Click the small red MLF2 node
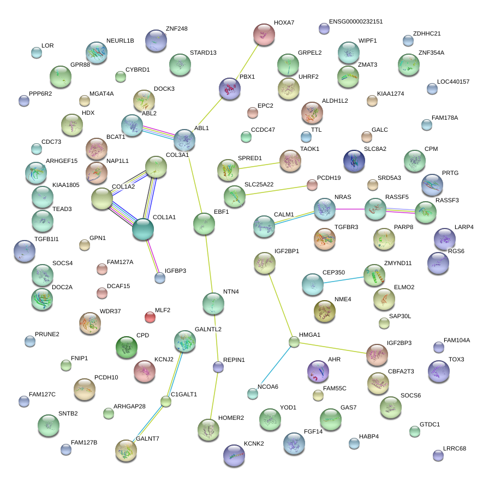click(150, 317)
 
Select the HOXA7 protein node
click(265, 35)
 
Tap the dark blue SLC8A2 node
click(354, 161)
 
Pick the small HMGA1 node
click(294, 342)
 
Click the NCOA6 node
click(252, 393)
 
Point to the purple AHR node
click(318, 372)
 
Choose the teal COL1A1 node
click(143, 230)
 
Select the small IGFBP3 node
click(160, 278)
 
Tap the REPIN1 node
click(218, 367)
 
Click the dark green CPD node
click(127, 346)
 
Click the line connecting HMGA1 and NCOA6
click(273, 368)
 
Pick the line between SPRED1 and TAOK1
click(259, 165)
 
